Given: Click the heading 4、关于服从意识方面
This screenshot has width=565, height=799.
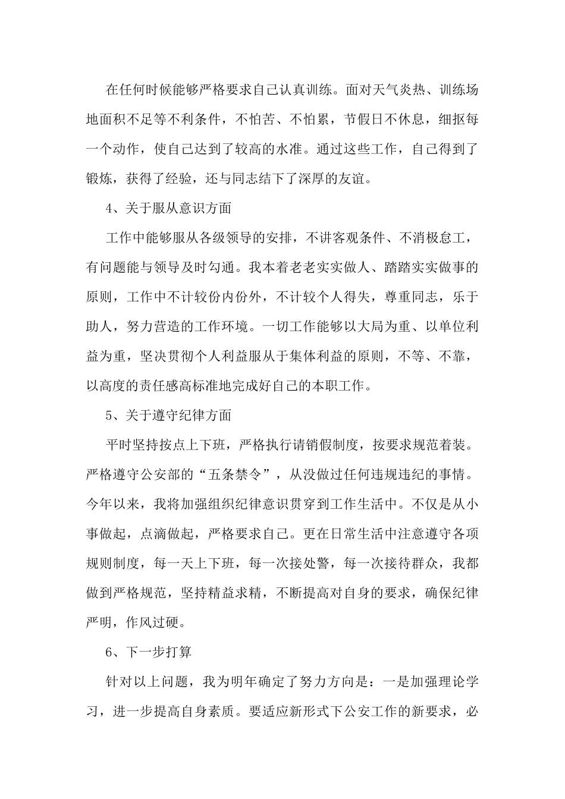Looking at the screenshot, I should pos(168,209).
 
